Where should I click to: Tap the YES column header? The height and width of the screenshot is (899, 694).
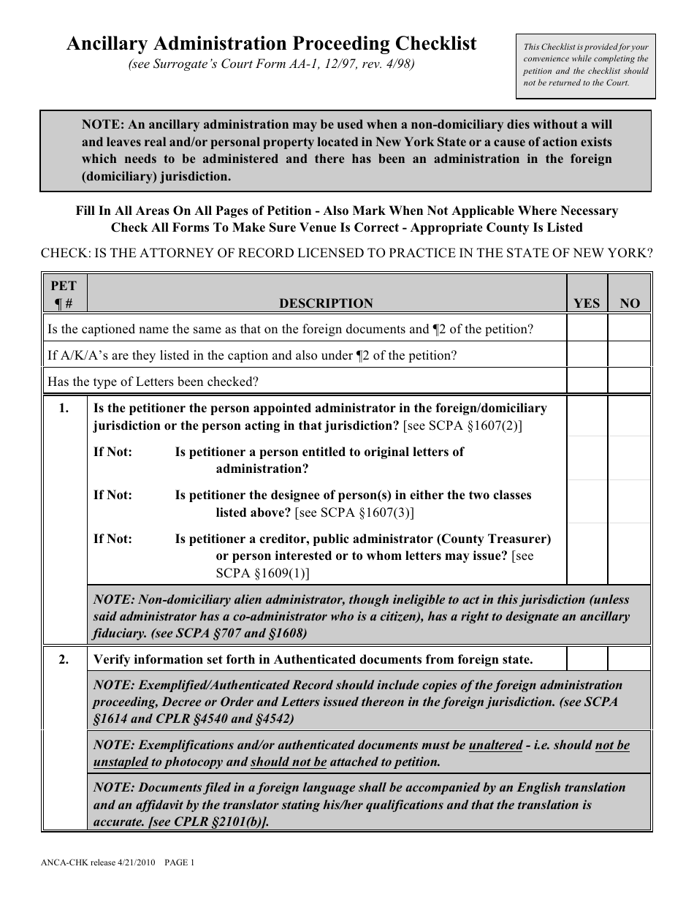click(x=587, y=303)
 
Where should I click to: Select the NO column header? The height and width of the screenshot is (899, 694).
click(x=629, y=303)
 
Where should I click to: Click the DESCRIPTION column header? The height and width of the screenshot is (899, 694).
click(x=326, y=303)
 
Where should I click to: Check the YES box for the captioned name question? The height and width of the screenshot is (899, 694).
click(x=587, y=329)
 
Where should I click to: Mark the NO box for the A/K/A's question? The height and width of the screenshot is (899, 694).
click(x=629, y=356)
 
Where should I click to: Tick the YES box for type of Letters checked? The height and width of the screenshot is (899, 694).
click(x=587, y=382)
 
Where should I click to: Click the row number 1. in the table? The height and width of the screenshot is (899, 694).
click(x=64, y=409)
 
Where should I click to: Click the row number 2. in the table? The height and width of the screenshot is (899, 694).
click(x=64, y=659)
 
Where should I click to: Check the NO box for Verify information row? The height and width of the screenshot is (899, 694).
click(x=629, y=659)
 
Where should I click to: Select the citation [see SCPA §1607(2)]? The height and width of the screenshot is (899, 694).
click(x=462, y=425)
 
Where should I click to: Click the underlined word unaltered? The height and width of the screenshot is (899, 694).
click(x=495, y=746)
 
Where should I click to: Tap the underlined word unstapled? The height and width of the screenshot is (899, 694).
click(x=121, y=762)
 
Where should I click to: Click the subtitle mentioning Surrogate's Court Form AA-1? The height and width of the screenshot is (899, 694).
click(x=271, y=64)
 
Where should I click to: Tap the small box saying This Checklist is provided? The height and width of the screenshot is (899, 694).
click(x=585, y=66)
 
